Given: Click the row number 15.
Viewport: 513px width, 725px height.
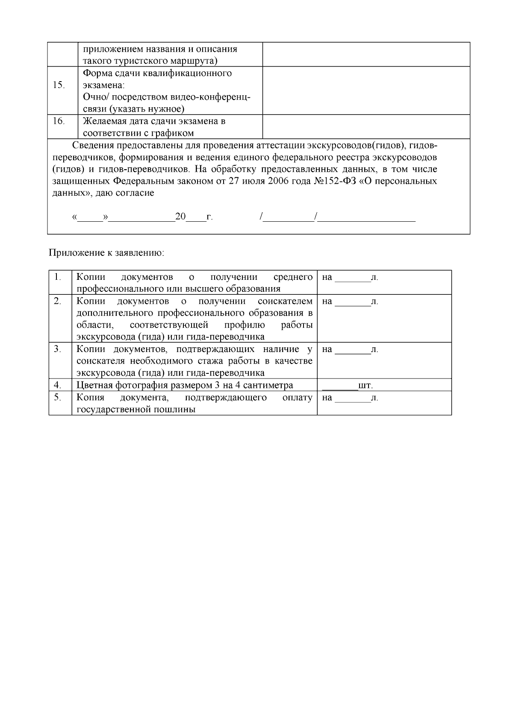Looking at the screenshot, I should pos(59,85).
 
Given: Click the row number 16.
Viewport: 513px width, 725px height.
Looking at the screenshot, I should pos(59,121).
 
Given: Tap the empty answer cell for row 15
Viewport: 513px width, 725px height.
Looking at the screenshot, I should pos(366,91).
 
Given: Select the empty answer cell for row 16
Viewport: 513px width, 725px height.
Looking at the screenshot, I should pos(366,127).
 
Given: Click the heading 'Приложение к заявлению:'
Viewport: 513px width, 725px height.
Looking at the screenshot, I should pos(106,252).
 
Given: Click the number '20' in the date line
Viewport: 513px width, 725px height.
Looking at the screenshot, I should pos(180,217).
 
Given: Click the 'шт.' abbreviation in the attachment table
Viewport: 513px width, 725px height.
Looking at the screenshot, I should pos(366,385).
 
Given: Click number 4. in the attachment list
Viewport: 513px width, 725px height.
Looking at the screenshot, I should pos(58,385).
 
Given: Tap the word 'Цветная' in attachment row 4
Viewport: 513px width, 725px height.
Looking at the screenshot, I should pos(93,385).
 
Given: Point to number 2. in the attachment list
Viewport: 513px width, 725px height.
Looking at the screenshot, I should pos(58,301).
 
